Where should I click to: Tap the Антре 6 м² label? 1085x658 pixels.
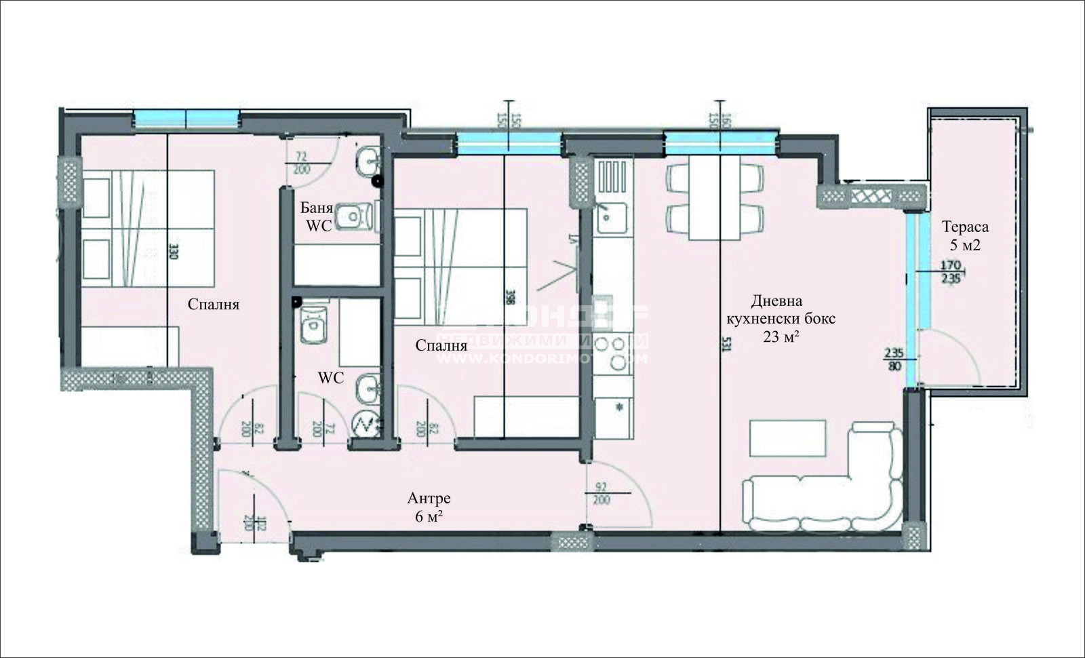429,507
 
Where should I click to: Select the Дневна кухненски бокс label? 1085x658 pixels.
781,318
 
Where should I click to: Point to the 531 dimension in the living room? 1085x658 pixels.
726,345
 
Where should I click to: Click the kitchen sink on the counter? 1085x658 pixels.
610,217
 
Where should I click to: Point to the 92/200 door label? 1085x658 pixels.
601,494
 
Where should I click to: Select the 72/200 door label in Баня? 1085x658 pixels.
302,163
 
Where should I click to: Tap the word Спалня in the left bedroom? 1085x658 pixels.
214,305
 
